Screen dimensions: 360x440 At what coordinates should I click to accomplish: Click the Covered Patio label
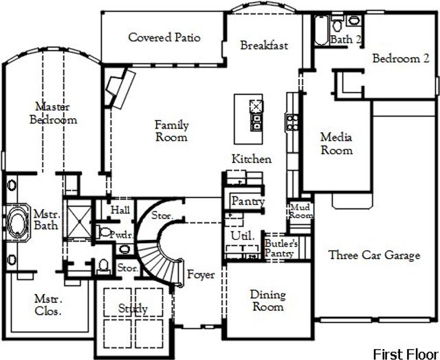pos(164,37)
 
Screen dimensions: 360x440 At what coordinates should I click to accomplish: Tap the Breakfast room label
pos(264,45)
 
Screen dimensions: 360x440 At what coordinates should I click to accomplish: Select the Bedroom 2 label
pos(401,58)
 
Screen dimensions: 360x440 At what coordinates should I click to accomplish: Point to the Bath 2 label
pos(346,40)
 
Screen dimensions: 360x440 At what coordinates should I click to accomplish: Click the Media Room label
pos(337,144)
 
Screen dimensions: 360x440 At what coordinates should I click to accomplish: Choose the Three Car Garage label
pos(374,256)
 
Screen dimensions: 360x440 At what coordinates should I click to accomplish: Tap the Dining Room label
pos(267,301)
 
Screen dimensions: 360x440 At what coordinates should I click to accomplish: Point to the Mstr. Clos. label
pos(48,305)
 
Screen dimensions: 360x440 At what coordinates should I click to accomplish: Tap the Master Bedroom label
pos(54,113)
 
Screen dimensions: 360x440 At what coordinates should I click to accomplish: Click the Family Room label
pos(171,131)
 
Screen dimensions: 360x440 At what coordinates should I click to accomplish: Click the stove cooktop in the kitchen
pos(291,124)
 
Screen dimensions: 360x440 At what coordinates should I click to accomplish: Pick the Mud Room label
pos(300,210)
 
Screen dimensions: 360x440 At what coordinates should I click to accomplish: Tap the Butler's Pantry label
pos(281,248)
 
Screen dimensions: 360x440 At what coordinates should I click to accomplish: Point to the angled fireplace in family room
pos(117,87)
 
